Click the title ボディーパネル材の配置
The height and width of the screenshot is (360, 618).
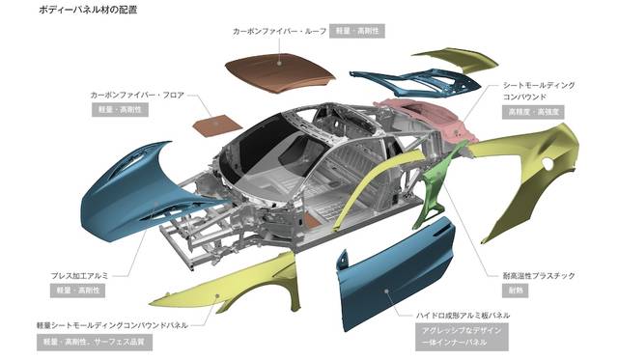point(88,10)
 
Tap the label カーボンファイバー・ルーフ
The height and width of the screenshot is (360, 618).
point(279,31)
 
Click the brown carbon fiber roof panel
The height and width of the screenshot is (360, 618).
point(279,70)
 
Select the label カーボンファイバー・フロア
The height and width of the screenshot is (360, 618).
point(137,95)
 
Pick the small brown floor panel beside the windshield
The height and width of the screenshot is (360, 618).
point(217,126)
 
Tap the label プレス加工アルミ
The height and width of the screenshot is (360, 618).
point(79,276)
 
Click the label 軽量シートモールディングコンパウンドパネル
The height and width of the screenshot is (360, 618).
point(112,325)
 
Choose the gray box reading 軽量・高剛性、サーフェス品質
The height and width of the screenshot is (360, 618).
point(95,342)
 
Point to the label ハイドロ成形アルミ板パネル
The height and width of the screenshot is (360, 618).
point(463,315)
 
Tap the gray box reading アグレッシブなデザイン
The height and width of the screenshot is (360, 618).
point(462,330)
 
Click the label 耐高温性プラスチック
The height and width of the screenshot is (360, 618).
point(539,276)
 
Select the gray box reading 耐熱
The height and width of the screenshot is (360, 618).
point(515,291)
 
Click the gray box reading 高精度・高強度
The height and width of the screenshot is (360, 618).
point(533,112)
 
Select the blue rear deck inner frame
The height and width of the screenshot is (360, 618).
point(418,81)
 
